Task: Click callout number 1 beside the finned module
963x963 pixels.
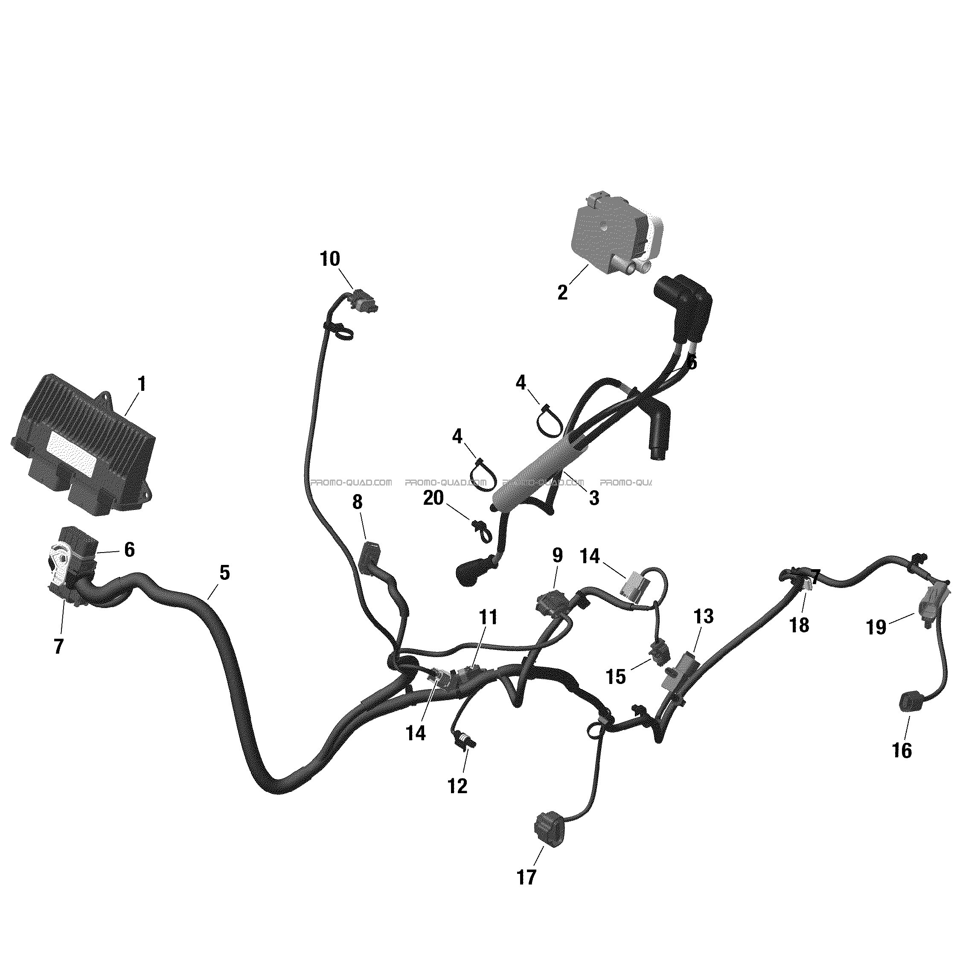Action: point(142,384)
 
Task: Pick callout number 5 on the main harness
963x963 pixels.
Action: point(225,573)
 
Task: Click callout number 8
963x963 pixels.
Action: point(358,503)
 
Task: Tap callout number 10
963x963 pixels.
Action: point(330,259)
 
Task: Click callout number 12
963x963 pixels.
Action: point(457,786)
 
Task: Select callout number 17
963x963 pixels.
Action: point(527,877)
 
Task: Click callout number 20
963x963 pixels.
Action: point(433,498)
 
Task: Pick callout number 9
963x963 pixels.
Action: point(557,555)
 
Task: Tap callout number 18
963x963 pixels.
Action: point(800,625)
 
